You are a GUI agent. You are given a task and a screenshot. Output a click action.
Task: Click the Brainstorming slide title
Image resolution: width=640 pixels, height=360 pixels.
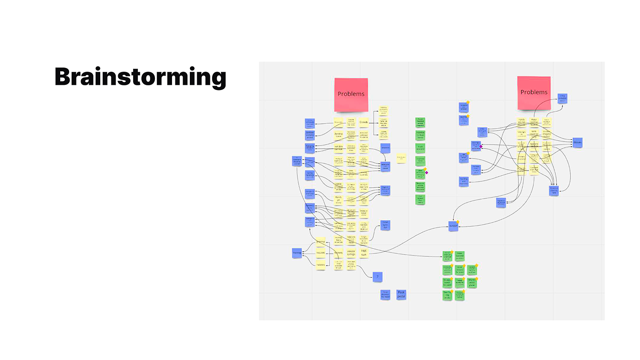coord(140,77)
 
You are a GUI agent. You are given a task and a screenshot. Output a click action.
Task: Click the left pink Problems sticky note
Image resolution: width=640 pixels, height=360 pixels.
coord(351,94)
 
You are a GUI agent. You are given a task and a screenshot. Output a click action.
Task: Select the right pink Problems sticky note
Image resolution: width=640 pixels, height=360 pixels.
coord(534,93)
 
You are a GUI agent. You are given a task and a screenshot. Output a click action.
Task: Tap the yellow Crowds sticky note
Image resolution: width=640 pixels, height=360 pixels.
coord(364,122)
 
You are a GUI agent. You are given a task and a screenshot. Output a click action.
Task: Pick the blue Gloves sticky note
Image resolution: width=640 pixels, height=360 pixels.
coord(577,142)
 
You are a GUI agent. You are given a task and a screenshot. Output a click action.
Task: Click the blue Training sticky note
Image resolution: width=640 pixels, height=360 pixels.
coord(297,253)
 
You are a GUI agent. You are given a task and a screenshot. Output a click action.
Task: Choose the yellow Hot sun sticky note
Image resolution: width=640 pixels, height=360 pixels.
coord(364,253)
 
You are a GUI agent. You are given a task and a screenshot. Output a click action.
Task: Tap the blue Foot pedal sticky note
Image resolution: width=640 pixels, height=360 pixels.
coord(401,294)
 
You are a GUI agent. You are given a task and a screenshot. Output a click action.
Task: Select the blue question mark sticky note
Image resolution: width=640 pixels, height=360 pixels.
coord(377,277)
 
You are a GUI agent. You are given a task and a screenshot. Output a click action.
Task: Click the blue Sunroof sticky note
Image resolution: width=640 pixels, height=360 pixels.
coord(453,226)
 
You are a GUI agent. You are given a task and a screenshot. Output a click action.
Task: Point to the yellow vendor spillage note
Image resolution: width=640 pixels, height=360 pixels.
coord(351,253)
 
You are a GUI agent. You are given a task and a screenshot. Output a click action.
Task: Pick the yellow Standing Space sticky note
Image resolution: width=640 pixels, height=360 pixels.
coord(338,135)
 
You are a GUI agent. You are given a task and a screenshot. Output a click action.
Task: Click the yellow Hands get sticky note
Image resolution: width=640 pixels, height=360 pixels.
coord(338,200)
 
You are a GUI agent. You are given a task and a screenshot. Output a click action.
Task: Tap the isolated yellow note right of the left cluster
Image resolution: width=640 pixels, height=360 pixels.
coord(401,158)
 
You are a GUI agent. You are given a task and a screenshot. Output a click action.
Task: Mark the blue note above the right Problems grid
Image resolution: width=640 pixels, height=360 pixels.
coord(562,99)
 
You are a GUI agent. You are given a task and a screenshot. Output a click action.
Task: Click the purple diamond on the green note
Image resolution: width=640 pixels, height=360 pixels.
coord(426,172)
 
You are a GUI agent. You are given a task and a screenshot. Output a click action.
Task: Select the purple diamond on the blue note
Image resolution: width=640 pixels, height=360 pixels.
coord(481,146)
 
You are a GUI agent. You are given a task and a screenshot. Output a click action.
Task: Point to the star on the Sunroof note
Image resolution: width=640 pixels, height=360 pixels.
coord(458,222)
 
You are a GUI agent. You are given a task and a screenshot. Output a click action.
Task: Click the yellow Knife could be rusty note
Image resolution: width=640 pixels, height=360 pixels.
coord(534,134)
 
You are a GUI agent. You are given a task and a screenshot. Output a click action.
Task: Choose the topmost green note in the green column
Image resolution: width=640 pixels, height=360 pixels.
coord(420,123)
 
